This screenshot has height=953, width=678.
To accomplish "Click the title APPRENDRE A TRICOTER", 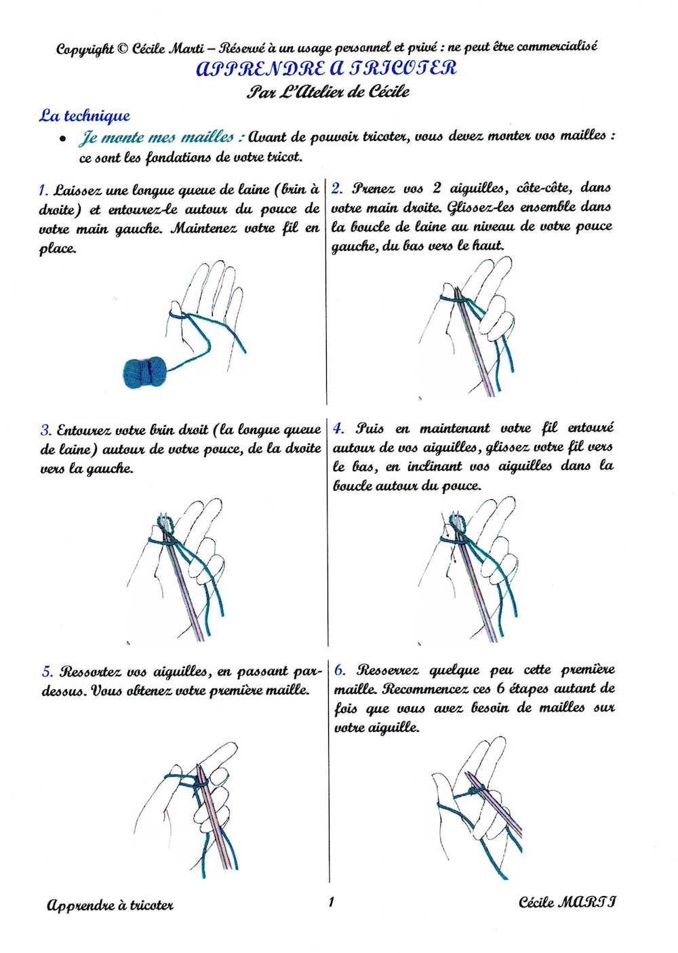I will coord(326,69).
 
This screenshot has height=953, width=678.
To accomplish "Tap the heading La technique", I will coord(84,115).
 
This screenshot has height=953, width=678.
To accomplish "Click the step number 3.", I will coord(45,430).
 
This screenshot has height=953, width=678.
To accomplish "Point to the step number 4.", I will coord(338,429).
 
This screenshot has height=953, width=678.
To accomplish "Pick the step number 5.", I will coord(46,672).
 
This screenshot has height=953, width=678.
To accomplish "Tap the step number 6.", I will coord(340,670).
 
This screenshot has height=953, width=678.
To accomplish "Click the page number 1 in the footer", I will coord(331,901).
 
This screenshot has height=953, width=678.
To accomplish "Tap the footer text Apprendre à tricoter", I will coord(111,906).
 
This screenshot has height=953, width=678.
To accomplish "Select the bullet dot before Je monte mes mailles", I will coord(62,138).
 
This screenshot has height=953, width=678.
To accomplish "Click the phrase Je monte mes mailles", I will coord(161,138).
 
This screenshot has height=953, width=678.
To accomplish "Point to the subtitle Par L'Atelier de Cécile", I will coord(328,92).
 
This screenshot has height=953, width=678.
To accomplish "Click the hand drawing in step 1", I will coord(207,305).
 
